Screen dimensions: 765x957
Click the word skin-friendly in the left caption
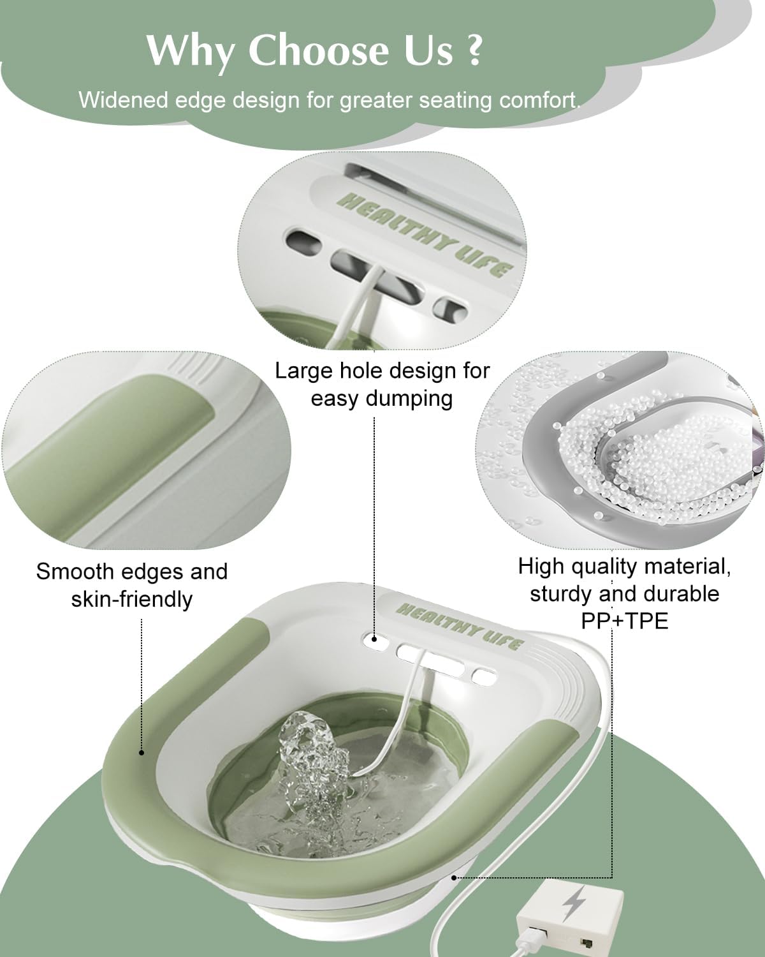132,600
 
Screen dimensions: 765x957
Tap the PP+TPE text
625,621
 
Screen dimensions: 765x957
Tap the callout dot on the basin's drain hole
374,639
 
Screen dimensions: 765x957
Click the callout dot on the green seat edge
142,752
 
